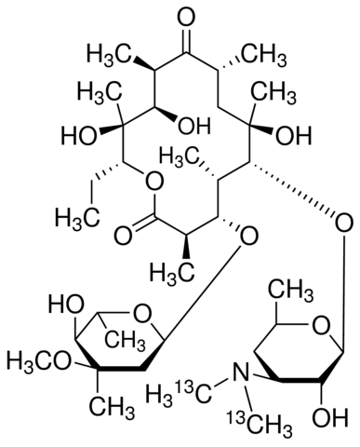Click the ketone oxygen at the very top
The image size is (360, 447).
[x=186, y=17]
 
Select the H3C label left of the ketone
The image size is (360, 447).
[x=108, y=54]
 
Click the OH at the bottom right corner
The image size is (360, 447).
[x=328, y=417]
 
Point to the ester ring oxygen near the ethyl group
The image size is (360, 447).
[x=153, y=183]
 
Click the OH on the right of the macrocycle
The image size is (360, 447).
[x=294, y=135]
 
